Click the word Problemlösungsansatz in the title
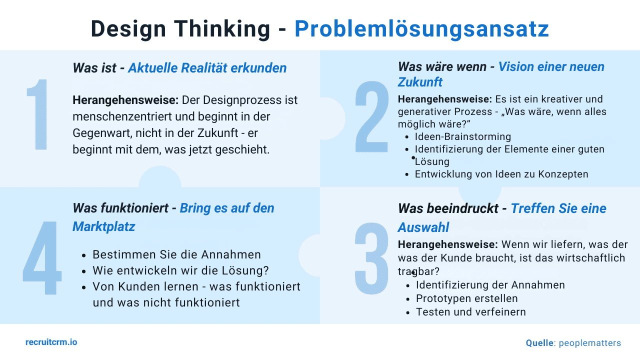pyautogui.click(x=421, y=29)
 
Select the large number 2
pyautogui.click(x=372, y=115)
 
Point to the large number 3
pyautogui.click(x=372, y=258)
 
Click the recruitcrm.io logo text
pyautogui.click(x=51, y=342)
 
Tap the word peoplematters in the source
pyautogui.click(x=590, y=343)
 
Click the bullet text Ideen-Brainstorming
pyautogui.click(x=463, y=137)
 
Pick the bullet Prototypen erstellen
pyautogui.click(x=467, y=298)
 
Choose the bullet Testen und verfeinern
pyautogui.click(x=471, y=312)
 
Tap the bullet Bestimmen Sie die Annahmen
pyautogui.click(x=176, y=254)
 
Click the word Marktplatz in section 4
pyautogui.click(x=104, y=226)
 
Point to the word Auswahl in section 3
pyautogui.click(x=423, y=227)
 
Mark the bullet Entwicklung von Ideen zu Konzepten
pyautogui.click(x=501, y=174)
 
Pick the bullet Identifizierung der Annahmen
pyautogui.click(x=490, y=285)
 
